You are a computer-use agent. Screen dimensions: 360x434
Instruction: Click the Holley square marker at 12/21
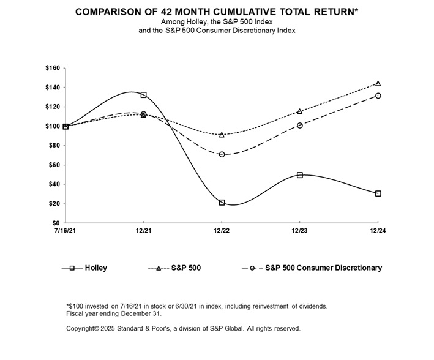(143, 95)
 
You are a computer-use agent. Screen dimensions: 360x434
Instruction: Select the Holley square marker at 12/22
(222, 202)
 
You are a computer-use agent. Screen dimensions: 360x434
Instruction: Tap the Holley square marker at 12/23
(300, 175)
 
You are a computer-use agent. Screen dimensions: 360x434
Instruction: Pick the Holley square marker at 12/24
(378, 193)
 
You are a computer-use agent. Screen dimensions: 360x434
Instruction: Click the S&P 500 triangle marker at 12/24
(378, 83)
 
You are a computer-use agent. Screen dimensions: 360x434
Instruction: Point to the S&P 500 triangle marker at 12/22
(222, 135)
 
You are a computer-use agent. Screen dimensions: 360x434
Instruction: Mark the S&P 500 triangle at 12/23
(300, 111)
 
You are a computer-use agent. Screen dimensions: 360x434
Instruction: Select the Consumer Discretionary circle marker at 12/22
(222, 154)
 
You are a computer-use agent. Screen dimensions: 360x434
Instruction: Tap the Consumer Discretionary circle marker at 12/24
(378, 96)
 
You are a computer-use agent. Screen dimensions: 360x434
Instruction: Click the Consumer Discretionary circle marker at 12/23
(300, 126)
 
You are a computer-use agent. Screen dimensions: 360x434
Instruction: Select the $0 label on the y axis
(56, 223)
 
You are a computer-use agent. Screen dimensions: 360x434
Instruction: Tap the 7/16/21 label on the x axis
(65, 231)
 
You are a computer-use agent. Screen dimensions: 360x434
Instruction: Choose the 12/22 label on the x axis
(222, 231)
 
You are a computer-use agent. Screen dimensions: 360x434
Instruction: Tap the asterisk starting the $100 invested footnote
(67, 305)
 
